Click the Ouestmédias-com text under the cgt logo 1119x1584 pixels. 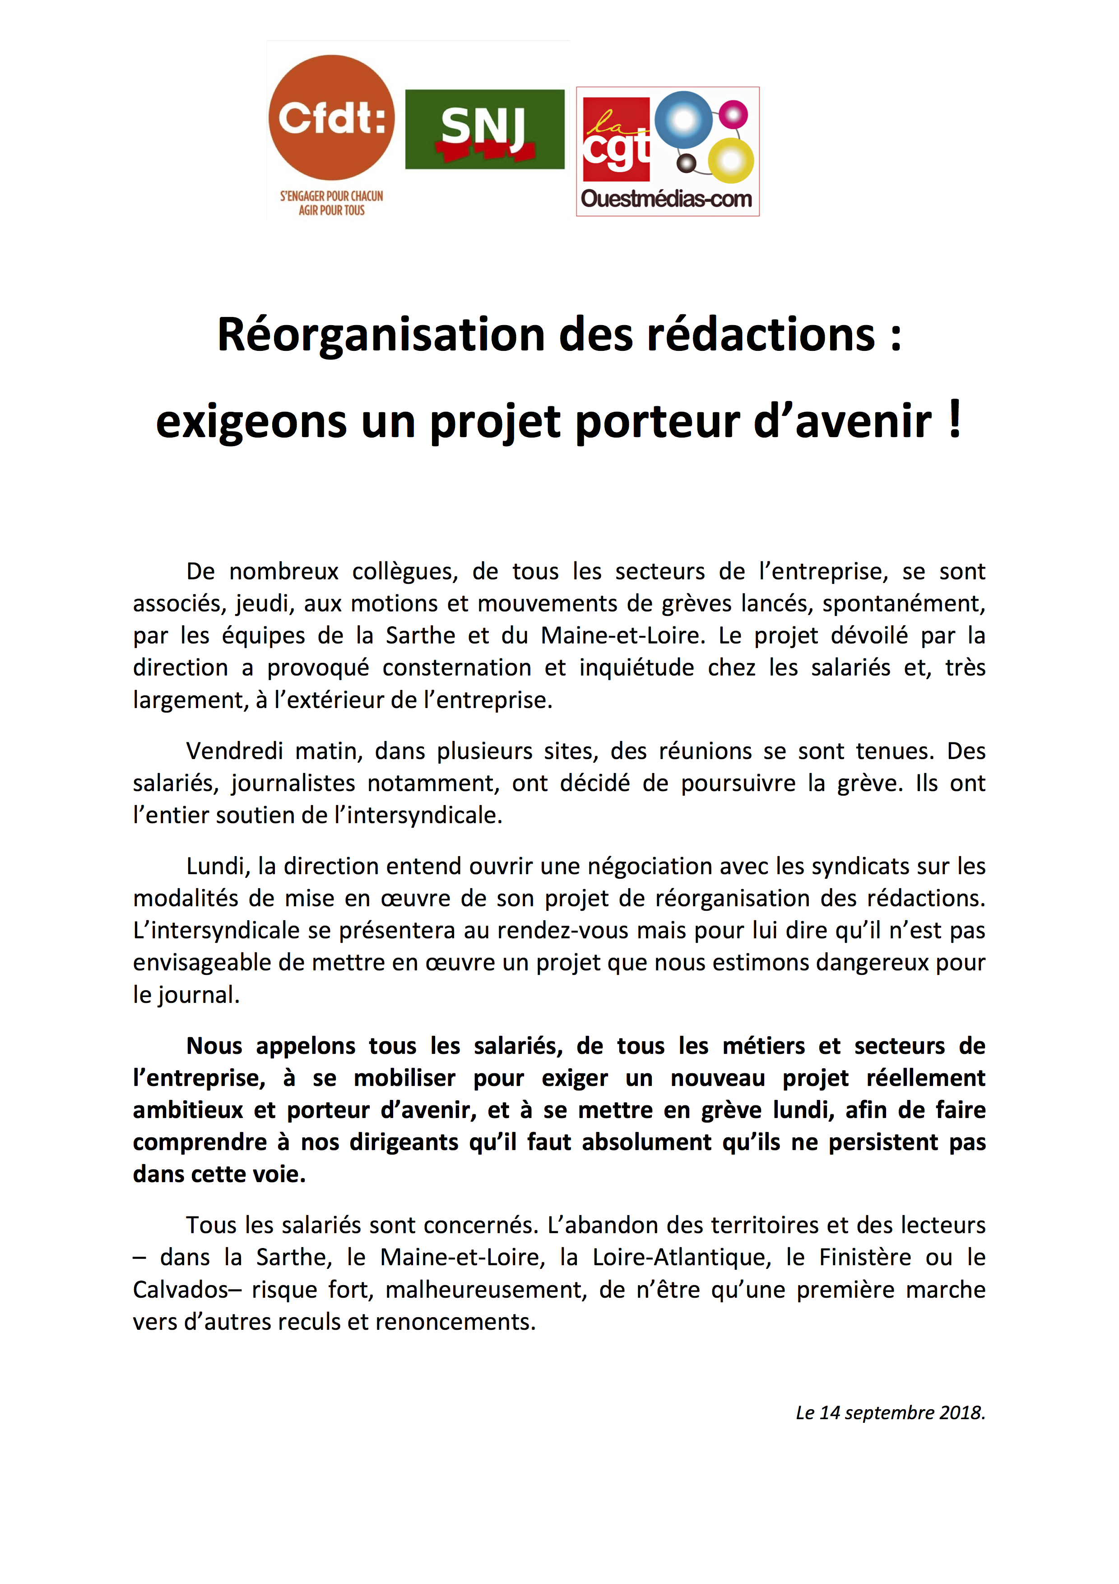pos(666,200)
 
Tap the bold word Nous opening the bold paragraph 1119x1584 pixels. pos(214,1046)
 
